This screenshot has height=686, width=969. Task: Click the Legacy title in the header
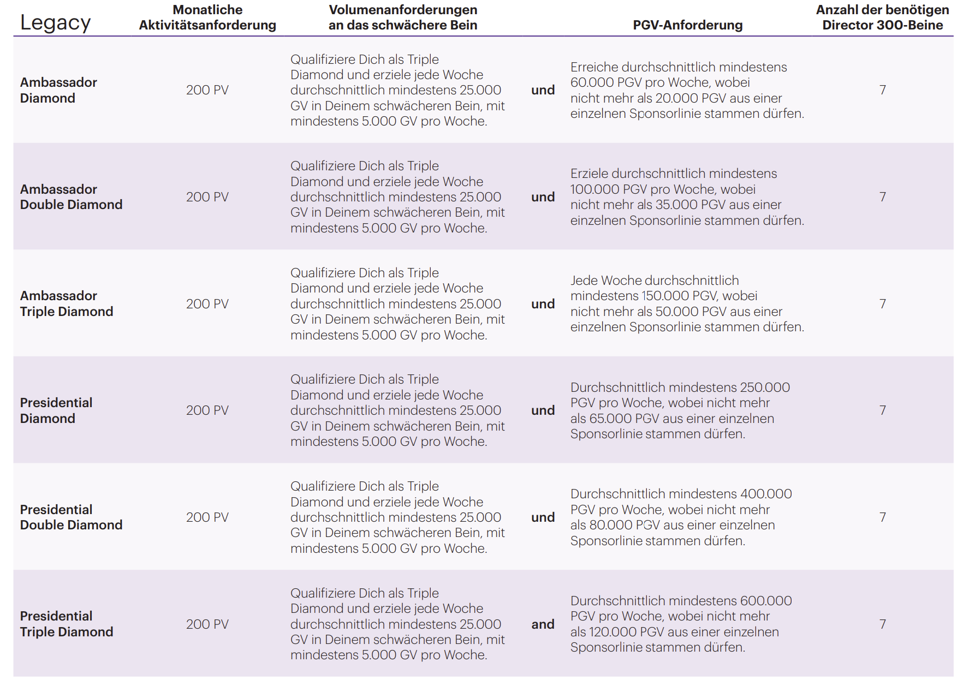coord(55,23)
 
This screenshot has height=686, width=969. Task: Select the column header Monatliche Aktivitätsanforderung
coord(207,17)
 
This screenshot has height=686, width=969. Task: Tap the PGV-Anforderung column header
coord(687,25)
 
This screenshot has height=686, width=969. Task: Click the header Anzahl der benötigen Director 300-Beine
coord(882,17)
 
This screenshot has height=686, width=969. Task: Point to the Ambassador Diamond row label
coord(58,90)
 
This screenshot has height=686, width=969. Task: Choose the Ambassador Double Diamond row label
coord(71,197)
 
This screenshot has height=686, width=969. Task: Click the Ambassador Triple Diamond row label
coord(67,303)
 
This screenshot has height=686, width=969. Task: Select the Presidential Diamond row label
coord(56,410)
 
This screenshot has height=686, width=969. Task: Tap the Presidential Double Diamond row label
coord(71,517)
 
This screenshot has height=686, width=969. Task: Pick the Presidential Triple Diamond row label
coord(67,624)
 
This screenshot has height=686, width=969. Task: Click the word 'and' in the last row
coord(543,624)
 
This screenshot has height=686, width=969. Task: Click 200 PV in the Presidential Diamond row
coord(207,410)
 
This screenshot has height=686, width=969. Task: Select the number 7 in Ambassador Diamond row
coord(882,90)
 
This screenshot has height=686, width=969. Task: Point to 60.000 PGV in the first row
coord(605,83)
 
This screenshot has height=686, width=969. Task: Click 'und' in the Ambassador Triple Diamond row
coord(543,304)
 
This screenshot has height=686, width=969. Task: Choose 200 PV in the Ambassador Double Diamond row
coord(207,197)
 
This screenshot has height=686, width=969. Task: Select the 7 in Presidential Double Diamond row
coord(882,517)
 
